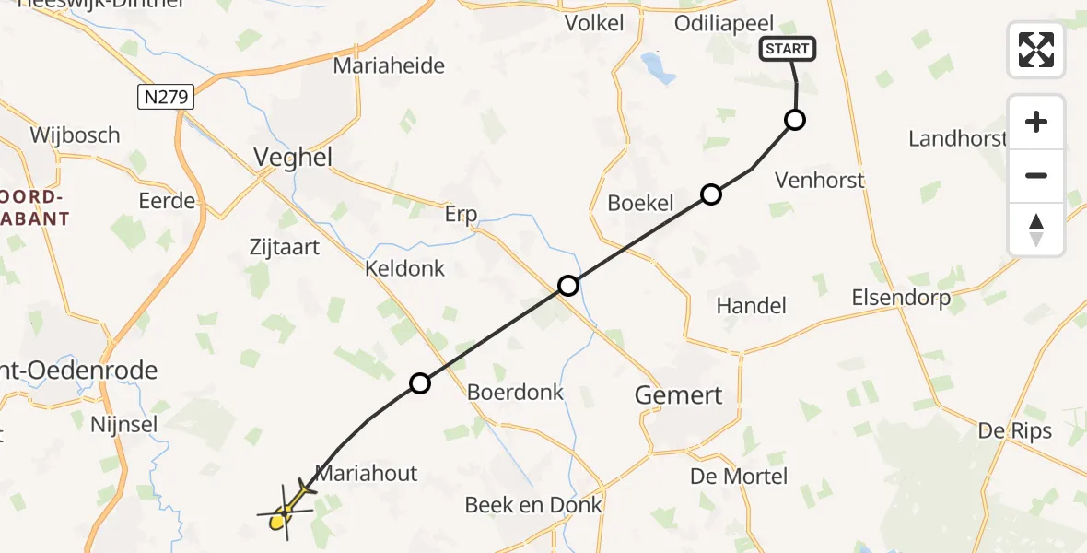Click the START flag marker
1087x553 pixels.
click(x=787, y=49)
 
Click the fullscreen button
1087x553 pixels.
click(x=1036, y=50)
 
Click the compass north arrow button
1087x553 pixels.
click(x=1036, y=229)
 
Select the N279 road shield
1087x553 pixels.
click(x=166, y=97)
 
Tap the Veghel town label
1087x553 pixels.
click(x=295, y=158)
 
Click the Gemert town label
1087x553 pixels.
click(x=679, y=395)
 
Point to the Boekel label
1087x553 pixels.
click(x=641, y=204)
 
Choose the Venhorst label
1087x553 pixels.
click(x=820, y=180)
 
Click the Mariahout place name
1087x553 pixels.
click(x=367, y=474)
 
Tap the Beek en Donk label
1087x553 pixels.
click(x=533, y=505)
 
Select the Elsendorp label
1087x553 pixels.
click(x=901, y=298)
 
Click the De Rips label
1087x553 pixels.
click(x=1014, y=431)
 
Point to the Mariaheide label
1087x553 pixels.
click(x=389, y=65)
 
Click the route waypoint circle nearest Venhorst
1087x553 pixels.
click(x=794, y=120)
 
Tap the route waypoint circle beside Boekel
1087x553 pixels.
click(x=710, y=194)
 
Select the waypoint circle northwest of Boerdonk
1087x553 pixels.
click(x=419, y=383)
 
